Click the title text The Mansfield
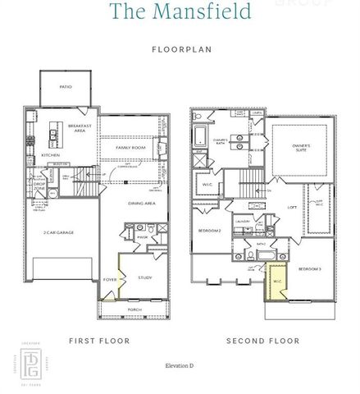[179, 11]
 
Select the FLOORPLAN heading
[180, 49]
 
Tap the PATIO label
[66, 86]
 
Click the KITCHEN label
[51, 154]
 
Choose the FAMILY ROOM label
[130, 148]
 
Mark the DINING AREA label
[142, 204]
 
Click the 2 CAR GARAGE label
[59, 233]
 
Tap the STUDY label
[146, 277]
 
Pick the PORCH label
[134, 309]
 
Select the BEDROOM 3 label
[309, 269]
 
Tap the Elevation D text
[180, 364]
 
